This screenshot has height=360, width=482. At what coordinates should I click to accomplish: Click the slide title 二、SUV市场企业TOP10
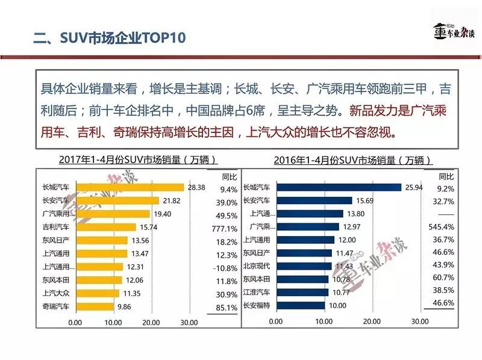[109, 39]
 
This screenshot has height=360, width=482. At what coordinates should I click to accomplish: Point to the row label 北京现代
[256, 265]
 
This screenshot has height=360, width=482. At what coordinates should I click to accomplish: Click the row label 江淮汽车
[256, 292]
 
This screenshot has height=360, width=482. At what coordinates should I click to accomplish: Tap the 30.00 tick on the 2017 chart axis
[189, 322]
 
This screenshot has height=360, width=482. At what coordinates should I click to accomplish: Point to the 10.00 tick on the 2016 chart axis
[325, 322]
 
